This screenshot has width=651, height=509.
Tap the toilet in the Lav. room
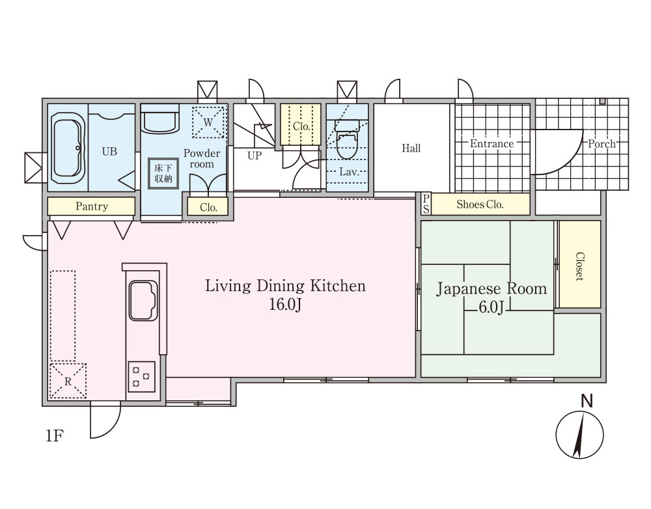[348, 140]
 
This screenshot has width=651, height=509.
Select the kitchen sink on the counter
[143, 300]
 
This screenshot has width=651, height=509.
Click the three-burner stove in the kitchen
[141, 376]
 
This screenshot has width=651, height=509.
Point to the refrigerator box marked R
[68, 381]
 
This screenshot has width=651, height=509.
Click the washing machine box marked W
[208, 122]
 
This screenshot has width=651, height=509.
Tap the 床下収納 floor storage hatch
[163, 174]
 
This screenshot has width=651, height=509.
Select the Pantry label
[92, 206]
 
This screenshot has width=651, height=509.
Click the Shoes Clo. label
[480, 204]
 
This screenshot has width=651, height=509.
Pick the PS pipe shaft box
[426, 204]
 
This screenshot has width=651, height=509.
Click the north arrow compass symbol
[579, 435]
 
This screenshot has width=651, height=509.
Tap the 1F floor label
[54, 436]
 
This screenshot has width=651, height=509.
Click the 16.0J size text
[285, 305]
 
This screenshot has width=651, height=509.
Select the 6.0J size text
[491, 307]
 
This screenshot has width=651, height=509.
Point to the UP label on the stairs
[255, 156]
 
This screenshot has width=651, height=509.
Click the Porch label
[602, 144]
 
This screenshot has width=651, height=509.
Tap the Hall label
[411, 148]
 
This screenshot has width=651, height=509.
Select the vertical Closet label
[579, 266]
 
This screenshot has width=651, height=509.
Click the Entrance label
[492, 144]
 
